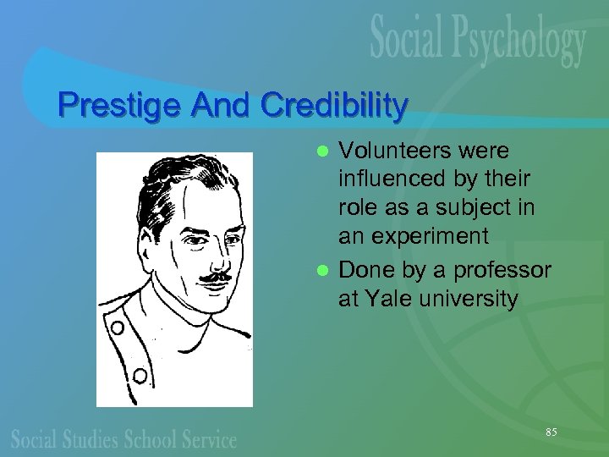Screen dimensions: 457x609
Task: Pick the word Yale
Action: click(x=379, y=299)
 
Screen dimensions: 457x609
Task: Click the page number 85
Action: click(x=551, y=432)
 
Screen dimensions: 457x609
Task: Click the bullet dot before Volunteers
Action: click(x=321, y=152)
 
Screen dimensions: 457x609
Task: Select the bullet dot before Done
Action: click(x=321, y=272)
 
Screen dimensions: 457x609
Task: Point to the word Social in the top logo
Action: click(x=408, y=38)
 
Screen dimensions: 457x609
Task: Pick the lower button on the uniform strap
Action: click(x=140, y=374)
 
